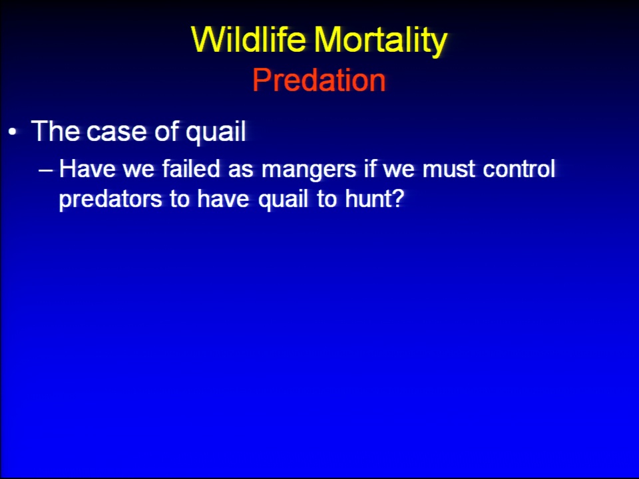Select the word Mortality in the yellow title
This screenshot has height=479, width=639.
tap(381, 41)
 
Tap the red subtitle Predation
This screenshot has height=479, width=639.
tap(319, 80)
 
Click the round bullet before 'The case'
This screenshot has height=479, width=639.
tap(13, 132)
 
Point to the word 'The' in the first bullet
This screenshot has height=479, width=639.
tap(55, 131)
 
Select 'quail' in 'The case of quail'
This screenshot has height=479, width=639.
tap(216, 132)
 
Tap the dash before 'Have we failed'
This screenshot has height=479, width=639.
tap(46, 170)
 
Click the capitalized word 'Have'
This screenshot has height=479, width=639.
tap(87, 168)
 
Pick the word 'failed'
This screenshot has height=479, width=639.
tap(191, 168)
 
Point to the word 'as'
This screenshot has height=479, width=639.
tap(240, 171)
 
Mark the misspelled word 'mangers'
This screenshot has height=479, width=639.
tap(309, 171)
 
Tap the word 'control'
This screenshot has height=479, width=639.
tap(519, 168)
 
